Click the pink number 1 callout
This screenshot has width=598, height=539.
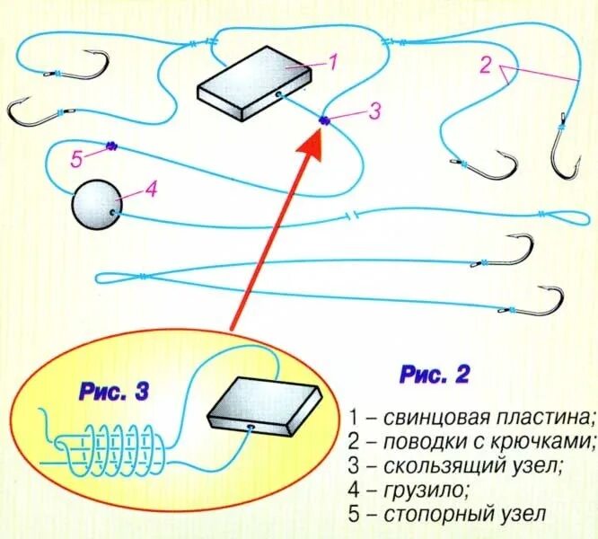click(331, 62)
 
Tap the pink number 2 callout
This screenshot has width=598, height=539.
click(486, 66)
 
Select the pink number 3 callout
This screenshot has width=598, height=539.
click(374, 110)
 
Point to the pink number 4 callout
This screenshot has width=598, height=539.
click(150, 190)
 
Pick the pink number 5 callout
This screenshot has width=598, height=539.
click(76, 159)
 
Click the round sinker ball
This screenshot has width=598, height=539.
click(96, 205)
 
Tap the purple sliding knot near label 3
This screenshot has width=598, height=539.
click(323, 120)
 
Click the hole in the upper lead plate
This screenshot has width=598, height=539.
click(279, 93)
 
